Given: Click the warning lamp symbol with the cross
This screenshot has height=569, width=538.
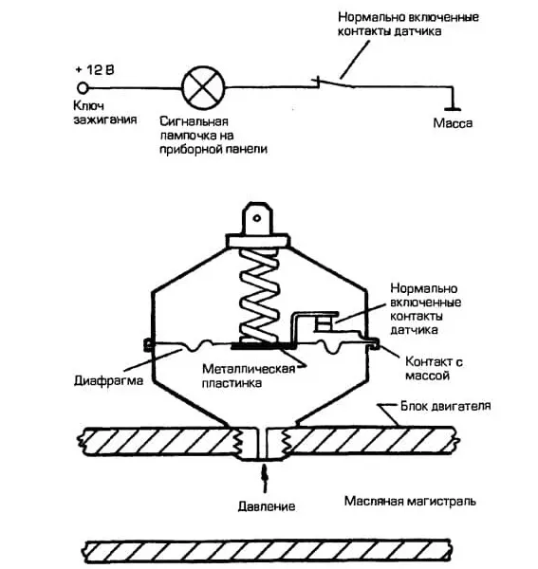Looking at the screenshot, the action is click(x=203, y=88).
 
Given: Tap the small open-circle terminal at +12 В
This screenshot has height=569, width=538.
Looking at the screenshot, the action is click(x=83, y=88).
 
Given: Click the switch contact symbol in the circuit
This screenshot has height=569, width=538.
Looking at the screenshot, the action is click(x=333, y=83).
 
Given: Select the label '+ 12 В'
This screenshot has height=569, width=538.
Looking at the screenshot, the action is click(x=95, y=69).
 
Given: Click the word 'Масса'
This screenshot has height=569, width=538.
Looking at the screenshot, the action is click(x=453, y=123).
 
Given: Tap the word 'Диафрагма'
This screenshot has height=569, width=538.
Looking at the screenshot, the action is click(x=108, y=380).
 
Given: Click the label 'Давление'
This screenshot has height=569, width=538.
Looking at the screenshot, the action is click(x=267, y=506).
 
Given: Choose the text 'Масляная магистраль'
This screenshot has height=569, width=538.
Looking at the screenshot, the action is click(x=410, y=501).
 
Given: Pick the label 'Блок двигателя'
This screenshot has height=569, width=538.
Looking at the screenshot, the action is click(x=445, y=406).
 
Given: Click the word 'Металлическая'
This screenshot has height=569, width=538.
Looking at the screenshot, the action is click(x=249, y=369).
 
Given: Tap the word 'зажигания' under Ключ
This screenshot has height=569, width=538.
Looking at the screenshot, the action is click(x=105, y=119).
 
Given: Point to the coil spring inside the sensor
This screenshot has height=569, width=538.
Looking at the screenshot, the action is click(x=259, y=295).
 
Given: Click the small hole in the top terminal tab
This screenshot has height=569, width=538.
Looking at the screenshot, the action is click(x=257, y=218).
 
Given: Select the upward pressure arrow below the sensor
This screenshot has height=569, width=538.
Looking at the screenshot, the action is click(x=265, y=478).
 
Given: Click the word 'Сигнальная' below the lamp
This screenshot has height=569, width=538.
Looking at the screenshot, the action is click(x=194, y=121).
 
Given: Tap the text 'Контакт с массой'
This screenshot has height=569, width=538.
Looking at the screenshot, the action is click(x=435, y=368).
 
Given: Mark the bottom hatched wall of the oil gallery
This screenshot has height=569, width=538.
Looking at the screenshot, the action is click(x=269, y=552).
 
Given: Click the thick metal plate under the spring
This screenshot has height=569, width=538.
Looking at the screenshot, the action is click(x=261, y=346).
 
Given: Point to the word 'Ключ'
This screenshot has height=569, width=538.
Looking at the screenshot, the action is click(x=89, y=105).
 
